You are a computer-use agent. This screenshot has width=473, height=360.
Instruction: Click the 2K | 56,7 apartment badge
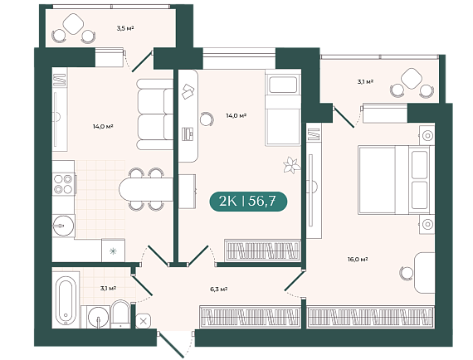(x=248, y=201)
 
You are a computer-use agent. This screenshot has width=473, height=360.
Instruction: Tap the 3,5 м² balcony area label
(x=125, y=28)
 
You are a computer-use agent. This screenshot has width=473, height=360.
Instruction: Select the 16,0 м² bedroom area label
(x=358, y=259)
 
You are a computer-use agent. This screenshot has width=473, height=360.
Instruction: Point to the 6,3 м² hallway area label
(x=219, y=289)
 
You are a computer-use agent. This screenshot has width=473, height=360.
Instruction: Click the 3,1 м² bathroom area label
(x=109, y=288)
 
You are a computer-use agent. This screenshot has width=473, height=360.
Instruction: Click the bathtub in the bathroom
(x=66, y=300)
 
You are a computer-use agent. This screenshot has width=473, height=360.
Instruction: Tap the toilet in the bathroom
(x=120, y=314)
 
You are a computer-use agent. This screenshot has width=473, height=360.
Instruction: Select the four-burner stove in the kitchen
(x=64, y=184)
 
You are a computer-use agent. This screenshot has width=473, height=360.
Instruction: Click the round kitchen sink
(x=63, y=226)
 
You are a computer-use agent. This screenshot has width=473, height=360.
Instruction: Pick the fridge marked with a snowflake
(x=113, y=251)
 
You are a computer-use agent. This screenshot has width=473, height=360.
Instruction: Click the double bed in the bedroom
(x=393, y=180)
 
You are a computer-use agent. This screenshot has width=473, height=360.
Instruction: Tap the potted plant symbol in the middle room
(x=291, y=165)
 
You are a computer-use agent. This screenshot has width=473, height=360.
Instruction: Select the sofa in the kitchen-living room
(x=154, y=114)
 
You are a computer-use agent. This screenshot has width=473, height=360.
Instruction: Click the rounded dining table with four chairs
(x=146, y=189)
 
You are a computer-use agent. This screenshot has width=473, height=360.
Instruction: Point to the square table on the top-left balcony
(x=73, y=24)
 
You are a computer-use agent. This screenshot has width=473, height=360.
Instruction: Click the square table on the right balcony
(x=412, y=79)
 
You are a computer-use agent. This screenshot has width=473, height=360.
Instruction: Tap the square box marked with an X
(x=144, y=321)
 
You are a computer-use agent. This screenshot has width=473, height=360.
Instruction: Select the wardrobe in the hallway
(x=250, y=317)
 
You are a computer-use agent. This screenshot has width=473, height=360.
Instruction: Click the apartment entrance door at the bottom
(x=171, y=344)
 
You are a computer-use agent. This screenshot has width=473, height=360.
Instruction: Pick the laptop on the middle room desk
(x=188, y=134)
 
